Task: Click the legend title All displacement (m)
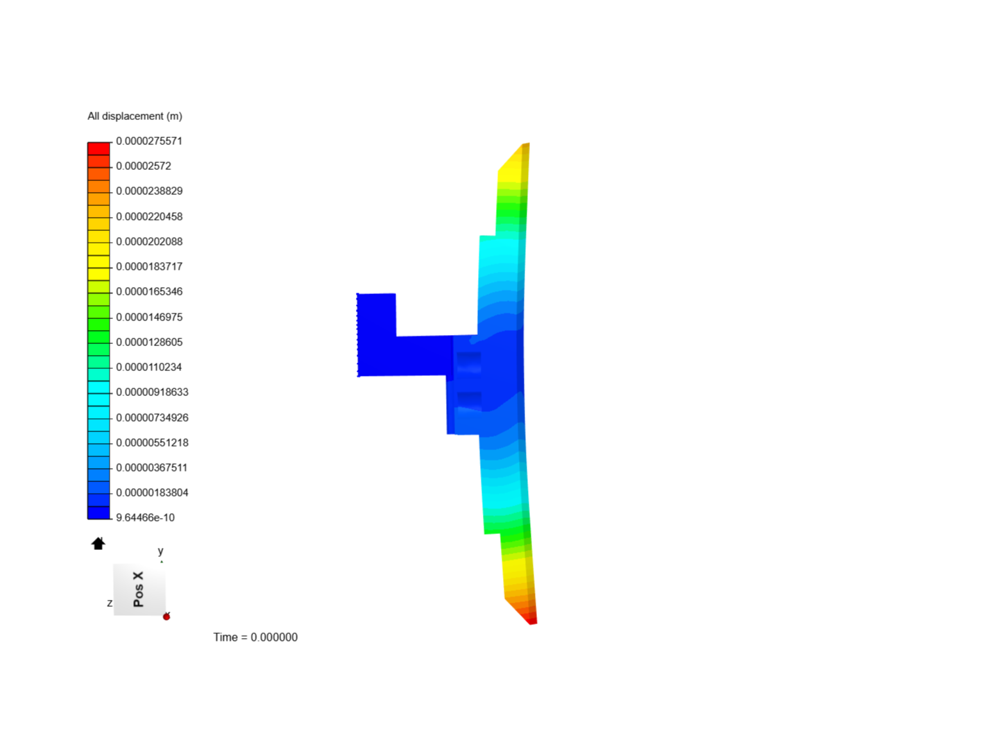135,117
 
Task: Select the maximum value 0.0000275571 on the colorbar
149,141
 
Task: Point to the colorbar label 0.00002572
144,166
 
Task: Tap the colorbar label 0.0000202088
149,241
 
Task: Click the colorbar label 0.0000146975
149,317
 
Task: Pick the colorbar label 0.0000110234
149,367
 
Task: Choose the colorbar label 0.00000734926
152,417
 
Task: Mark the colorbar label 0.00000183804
152,492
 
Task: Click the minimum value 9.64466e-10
145,517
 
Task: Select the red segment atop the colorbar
99,149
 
